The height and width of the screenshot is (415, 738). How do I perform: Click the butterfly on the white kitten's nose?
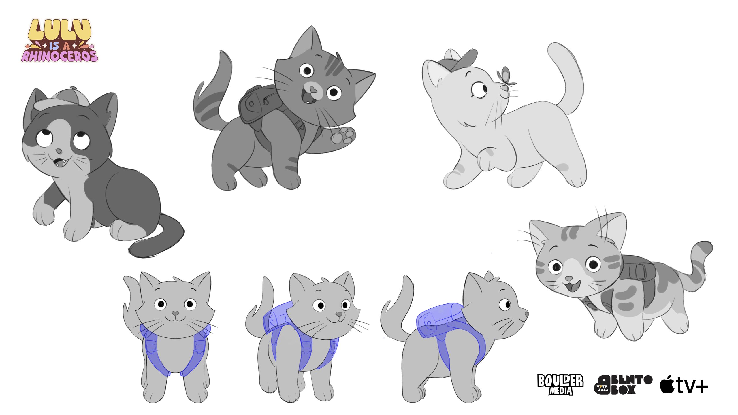tap(505, 77)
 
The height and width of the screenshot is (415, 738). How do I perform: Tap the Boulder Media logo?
tap(560, 384)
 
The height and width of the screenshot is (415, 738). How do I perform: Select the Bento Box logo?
tap(623, 384)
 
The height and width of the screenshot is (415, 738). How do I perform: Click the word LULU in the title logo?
tap(59, 30)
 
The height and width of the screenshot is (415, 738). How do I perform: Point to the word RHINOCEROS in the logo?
tap(60, 56)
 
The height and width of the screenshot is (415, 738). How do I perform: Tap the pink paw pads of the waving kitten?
tap(343, 135)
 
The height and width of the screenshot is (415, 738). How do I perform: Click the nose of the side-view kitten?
tap(527, 314)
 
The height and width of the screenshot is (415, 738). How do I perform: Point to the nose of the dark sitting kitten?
tap(59, 151)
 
